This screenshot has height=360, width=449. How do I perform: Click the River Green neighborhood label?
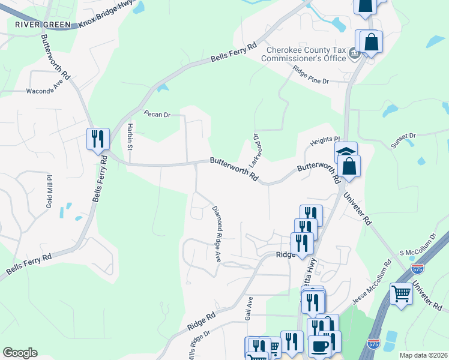(x=38, y=25)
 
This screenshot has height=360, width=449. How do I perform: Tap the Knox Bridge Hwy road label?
(x=105, y=23)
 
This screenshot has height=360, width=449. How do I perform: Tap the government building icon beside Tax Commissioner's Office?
(x=354, y=55)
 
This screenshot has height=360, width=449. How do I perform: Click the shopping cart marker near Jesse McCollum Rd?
(x=401, y=294)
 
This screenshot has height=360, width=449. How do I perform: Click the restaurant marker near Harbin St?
(x=97, y=139)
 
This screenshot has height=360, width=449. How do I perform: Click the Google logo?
(x=20, y=353)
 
